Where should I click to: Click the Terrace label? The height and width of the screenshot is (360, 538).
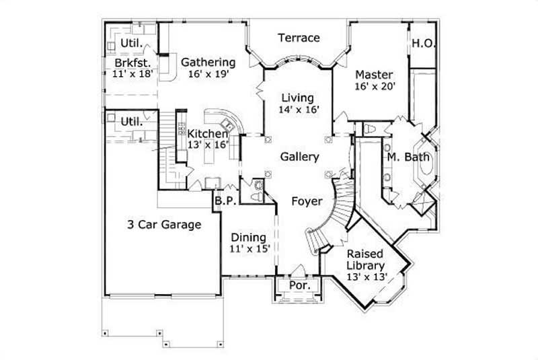299,38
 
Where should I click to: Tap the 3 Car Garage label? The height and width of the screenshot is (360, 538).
165,225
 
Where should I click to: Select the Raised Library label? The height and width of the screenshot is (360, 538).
365,260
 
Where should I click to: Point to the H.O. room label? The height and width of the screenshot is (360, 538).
424,44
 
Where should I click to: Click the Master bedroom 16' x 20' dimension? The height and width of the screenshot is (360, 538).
374,86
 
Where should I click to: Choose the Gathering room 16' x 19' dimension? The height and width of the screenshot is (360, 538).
208,75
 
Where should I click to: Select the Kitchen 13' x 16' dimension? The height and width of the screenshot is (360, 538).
208,144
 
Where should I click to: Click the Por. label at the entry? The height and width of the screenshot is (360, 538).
299,285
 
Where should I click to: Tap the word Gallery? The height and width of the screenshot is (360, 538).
299,157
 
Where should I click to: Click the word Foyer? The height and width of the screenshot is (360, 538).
307,201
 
